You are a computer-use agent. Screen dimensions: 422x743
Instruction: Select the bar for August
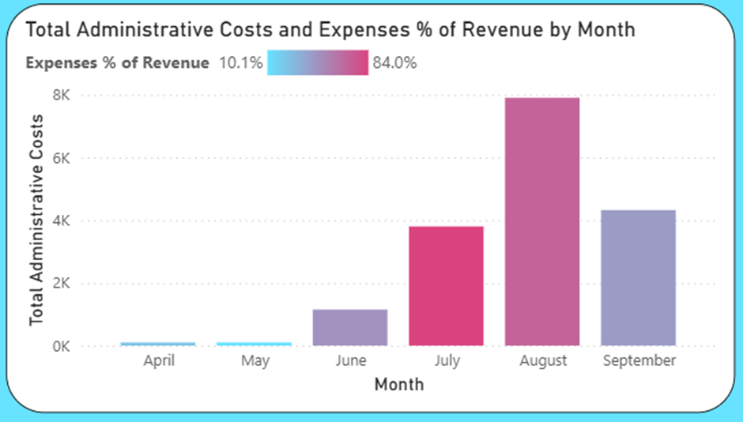(x=542, y=221)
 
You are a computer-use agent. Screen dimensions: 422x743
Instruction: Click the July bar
(x=446, y=286)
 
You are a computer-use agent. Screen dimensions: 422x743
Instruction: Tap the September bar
(x=639, y=277)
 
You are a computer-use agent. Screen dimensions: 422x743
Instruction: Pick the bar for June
(x=350, y=327)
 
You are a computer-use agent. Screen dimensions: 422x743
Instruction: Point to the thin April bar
(x=158, y=344)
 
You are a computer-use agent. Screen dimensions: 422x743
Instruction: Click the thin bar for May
(x=255, y=344)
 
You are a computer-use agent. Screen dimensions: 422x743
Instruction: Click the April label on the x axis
(x=158, y=361)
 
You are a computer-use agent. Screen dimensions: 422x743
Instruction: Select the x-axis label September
(x=639, y=361)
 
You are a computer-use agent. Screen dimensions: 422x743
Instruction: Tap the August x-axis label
(x=543, y=361)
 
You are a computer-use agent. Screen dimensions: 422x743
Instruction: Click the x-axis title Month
(x=398, y=385)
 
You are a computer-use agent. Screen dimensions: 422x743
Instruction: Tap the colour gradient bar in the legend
(x=318, y=62)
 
